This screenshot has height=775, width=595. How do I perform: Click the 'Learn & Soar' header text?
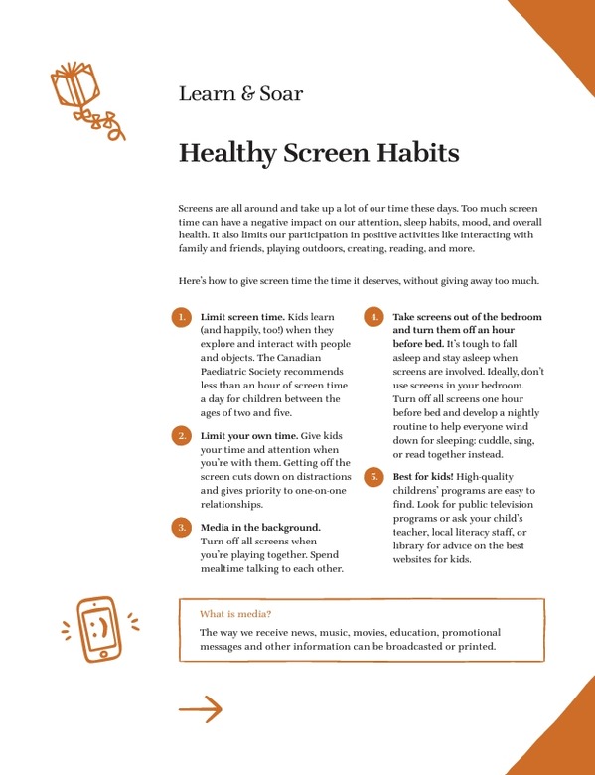pos(240,95)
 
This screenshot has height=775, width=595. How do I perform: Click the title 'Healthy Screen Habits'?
pos(318,154)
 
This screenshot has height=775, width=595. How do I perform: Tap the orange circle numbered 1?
pos(181,317)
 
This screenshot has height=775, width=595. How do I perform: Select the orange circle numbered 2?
pos(181,436)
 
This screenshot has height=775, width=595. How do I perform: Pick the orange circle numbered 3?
pos(181,527)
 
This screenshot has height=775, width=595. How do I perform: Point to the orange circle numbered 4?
pos(374,317)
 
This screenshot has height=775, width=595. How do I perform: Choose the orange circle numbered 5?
pos(374,477)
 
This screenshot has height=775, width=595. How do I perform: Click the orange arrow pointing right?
pos(200,708)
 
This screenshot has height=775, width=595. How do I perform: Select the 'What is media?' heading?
pos(235,613)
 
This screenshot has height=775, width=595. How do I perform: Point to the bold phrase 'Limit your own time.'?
pos(247,435)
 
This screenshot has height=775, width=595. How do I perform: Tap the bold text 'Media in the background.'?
pos(260,526)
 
